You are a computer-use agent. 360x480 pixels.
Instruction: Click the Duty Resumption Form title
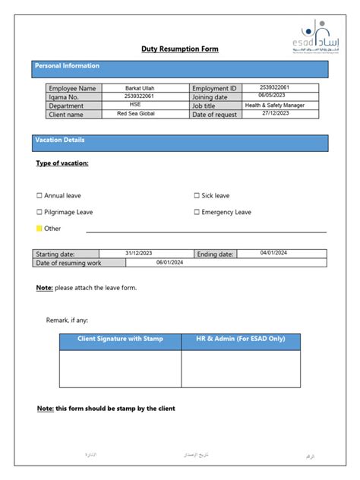(x=179, y=49)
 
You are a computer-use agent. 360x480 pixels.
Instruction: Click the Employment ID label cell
(x=215, y=89)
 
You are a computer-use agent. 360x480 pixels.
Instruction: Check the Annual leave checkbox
(x=39, y=196)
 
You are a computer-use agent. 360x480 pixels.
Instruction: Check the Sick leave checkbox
(x=197, y=196)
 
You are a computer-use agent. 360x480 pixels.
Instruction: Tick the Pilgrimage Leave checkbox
(x=39, y=213)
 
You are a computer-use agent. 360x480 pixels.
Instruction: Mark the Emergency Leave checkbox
(x=197, y=213)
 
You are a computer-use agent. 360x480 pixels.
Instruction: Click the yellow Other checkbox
(x=39, y=229)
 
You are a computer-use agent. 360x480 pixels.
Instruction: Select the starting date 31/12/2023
(x=138, y=253)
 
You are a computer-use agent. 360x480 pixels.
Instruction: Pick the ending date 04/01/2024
(x=273, y=253)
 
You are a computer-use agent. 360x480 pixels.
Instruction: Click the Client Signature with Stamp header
(x=120, y=339)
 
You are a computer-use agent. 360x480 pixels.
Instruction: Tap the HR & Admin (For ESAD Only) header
(x=240, y=339)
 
